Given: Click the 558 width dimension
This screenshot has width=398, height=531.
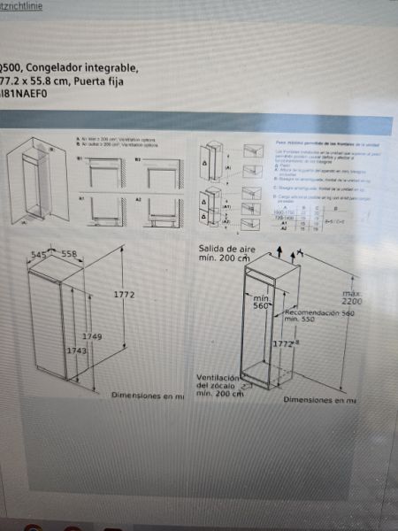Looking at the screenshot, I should point(69,255).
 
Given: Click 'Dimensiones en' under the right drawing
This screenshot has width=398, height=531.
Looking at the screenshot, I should point(317,400).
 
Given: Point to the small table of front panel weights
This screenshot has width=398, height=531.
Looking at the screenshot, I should point(294,219).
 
